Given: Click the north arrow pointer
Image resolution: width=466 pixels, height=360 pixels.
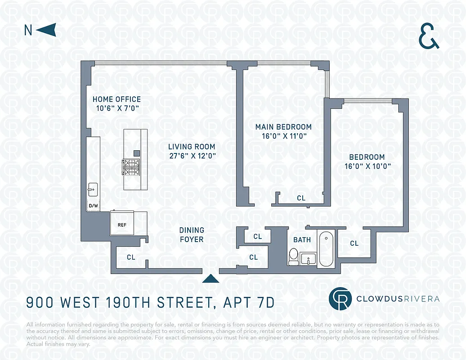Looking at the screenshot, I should (45, 30).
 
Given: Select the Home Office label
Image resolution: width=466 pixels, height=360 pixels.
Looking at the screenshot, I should (116, 99).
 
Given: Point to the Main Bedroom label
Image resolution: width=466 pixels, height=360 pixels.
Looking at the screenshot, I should (283, 127).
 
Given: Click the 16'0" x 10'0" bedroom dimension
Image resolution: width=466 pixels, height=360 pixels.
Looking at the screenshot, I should (367, 166).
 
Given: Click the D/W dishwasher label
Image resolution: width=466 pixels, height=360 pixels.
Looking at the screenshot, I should (93, 206).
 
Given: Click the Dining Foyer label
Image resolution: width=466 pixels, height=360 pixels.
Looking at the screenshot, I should (192, 235).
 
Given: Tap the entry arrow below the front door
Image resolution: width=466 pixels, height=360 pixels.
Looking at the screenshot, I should (211, 279).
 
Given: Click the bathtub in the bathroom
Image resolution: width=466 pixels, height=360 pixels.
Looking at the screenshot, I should (326, 249).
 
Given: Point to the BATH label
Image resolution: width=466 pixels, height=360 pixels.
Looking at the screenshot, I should (302, 240).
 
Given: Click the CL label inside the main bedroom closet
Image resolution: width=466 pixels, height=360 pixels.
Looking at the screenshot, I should (301, 198).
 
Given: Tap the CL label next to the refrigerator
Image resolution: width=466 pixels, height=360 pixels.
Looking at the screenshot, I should (131, 257).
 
